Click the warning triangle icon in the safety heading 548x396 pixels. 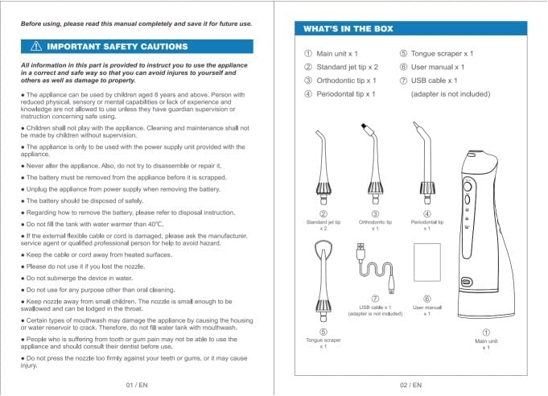tap(36, 47)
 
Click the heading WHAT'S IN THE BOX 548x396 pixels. tap(348, 29)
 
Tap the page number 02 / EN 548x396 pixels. tap(411, 385)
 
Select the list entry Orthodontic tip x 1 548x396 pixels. tap(340, 80)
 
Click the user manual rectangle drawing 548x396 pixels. tap(426, 266)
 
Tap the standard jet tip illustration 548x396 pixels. tap(323, 169)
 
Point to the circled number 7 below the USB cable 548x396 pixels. tap(375, 298)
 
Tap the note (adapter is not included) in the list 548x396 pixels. tap(450, 94)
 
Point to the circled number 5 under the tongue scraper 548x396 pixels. tap(323, 331)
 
